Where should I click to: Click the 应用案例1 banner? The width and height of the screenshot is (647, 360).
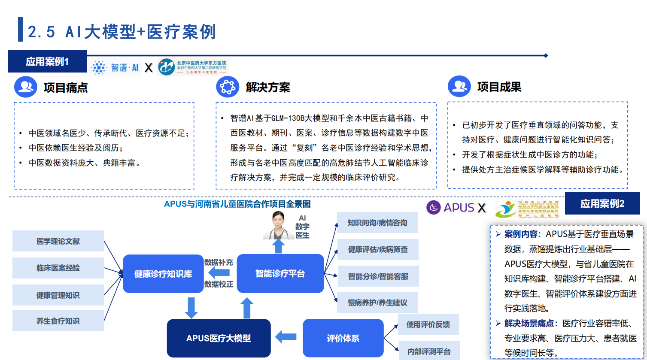click(x=47, y=61)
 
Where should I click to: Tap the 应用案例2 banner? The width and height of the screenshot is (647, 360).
click(x=602, y=203)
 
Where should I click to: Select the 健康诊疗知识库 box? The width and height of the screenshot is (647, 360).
click(x=163, y=274)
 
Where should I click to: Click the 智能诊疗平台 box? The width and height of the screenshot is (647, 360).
click(x=280, y=274)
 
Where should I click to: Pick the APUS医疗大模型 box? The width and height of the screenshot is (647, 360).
click(x=219, y=338)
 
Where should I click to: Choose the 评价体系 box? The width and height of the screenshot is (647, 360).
click(x=343, y=338)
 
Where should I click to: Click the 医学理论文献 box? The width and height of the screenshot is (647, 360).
click(x=58, y=241)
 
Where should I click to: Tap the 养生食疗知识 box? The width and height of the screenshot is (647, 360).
click(x=58, y=321)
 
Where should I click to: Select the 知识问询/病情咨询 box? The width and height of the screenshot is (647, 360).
click(x=377, y=223)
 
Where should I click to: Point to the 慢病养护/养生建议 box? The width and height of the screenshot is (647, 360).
click(x=377, y=303)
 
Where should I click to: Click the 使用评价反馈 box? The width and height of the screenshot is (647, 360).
click(x=428, y=324)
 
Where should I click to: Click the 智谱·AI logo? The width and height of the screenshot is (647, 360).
click(x=115, y=67)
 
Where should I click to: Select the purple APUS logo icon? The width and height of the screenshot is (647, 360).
click(x=434, y=208)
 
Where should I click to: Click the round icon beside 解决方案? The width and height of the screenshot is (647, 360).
click(x=228, y=87)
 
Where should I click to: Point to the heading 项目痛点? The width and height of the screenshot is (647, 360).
click(x=66, y=88)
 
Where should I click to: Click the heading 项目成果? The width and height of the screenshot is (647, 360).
click(x=499, y=87)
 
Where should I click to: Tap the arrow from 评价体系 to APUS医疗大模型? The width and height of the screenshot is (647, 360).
click(x=286, y=337)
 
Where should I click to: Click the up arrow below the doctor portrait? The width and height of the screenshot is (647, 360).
click(x=279, y=246)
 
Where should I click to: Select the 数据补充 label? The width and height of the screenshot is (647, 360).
click(x=219, y=262)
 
